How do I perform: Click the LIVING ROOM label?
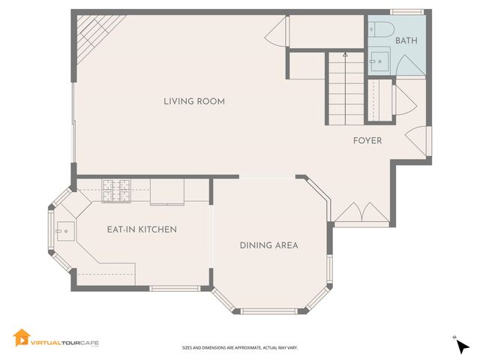click(194, 101)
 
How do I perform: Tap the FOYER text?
click(367, 140)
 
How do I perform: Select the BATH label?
click(406, 40)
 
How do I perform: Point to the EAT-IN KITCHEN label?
click(142, 229)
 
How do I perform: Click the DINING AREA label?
click(269, 245)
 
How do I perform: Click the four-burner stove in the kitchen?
click(116, 190)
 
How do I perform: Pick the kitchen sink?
click(64, 231)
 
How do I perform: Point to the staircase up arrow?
click(345, 55)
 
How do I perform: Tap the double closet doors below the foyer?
click(361, 212)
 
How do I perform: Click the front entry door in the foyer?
click(416, 139)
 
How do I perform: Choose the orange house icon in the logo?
click(21, 338)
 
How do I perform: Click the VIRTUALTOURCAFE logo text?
click(64, 342)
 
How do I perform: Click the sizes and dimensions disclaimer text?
click(239, 348)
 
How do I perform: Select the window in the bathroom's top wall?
click(407, 12)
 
